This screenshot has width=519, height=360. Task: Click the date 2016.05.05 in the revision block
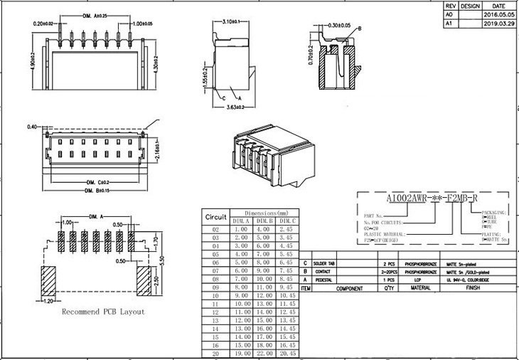point(498,14)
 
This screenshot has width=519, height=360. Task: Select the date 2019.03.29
point(498,23)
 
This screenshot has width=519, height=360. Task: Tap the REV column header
point(449,5)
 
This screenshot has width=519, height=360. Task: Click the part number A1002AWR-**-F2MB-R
point(431,198)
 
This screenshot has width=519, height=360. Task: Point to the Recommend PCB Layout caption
point(103,312)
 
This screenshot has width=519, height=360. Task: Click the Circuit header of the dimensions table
point(215,216)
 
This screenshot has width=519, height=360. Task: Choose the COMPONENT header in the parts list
point(349,290)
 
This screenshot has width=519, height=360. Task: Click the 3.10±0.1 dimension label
point(232,23)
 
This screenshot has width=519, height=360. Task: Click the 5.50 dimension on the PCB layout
point(162,261)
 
